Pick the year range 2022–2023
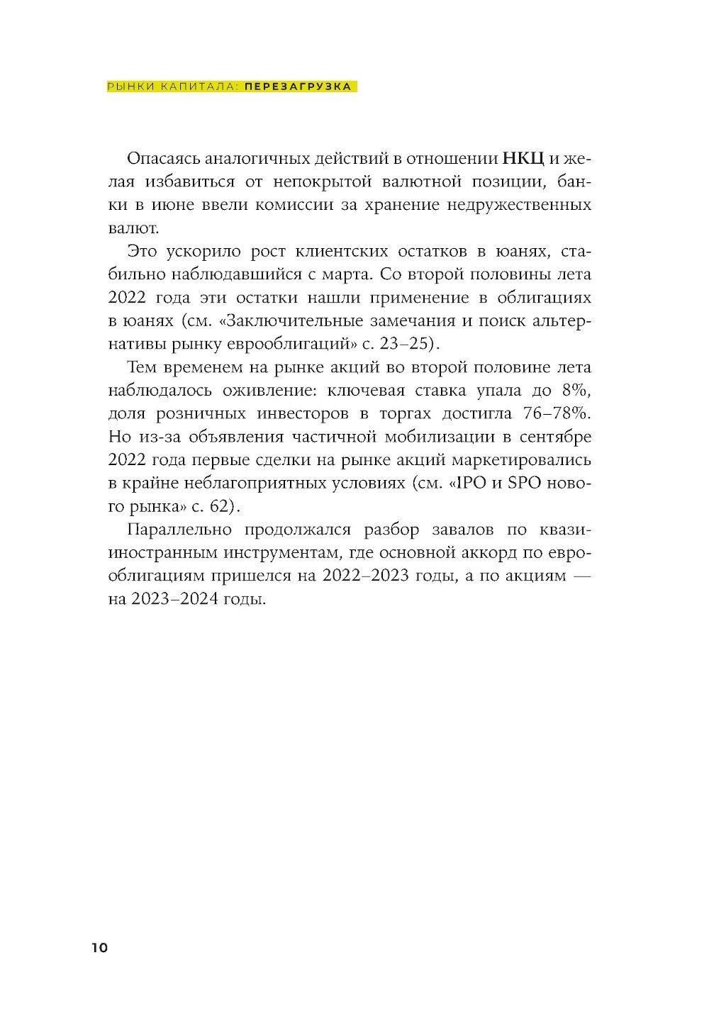(365, 575)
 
